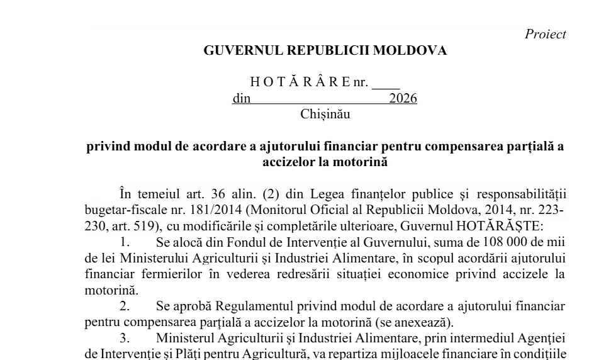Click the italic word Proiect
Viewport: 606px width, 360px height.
[545, 35]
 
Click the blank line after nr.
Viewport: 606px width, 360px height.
[386, 82]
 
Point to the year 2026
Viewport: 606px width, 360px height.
[403, 99]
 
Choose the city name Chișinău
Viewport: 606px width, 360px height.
[325, 115]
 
